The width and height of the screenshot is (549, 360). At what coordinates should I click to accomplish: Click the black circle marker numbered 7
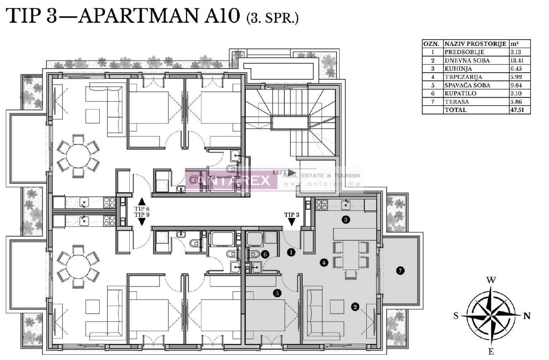pyautogui.click(x=400, y=270)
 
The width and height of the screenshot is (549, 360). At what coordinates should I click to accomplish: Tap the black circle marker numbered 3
pyautogui.click(x=345, y=219)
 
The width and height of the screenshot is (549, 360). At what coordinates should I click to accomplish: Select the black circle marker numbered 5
pyautogui.click(x=277, y=293)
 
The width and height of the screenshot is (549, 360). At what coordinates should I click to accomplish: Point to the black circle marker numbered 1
pyautogui.click(x=291, y=253)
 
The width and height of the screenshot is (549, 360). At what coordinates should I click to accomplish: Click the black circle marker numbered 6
pyautogui.click(x=265, y=254)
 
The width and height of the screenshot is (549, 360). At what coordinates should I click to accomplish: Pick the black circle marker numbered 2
pyautogui.click(x=355, y=307)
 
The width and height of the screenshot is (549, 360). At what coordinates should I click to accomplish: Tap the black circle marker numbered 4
pyautogui.click(x=324, y=263)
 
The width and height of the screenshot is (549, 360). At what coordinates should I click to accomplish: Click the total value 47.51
pyautogui.click(x=519, y=110)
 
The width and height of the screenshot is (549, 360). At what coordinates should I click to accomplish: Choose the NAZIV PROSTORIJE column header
pyautogui.click(x=475, y=44)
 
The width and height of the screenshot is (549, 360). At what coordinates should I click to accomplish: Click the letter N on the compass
pyautogui.click(x=527, y=316)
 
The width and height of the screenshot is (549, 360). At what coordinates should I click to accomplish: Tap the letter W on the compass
pyautogui.click(x=491, y=280)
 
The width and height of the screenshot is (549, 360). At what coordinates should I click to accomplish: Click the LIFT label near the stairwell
pyautogui.click(x=279, y=172)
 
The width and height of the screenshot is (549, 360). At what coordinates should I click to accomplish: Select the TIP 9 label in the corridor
pyautogui.click(x=142, y=215)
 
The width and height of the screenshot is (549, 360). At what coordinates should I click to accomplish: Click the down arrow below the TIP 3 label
pyautogui.click(x=292, y=221)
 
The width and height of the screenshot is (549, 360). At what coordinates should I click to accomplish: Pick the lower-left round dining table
pyautogui.click(x=78, y=269)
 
